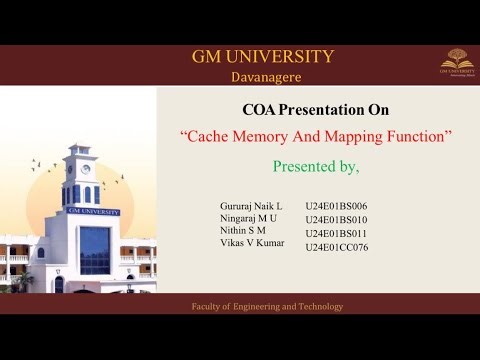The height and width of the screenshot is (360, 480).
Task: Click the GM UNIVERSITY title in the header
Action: click(x=263, y=57)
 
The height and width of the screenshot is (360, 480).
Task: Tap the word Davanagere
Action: click(x=263, y=76)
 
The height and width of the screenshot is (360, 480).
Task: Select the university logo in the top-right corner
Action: click(x=456, y=62)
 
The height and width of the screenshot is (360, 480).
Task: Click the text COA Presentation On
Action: click(x=316, y=110)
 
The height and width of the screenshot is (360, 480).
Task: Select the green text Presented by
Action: click(x=316, y=164)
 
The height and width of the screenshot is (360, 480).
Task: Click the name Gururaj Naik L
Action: click(x=251, y=206)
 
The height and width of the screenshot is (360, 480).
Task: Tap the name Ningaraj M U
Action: click(x=248, y=219)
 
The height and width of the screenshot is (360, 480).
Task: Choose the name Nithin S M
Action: click(x=243, y=232)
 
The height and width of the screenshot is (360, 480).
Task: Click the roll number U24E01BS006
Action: click(x=336, y=206)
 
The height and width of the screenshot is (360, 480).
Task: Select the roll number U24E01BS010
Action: click(x=336, y=219)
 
